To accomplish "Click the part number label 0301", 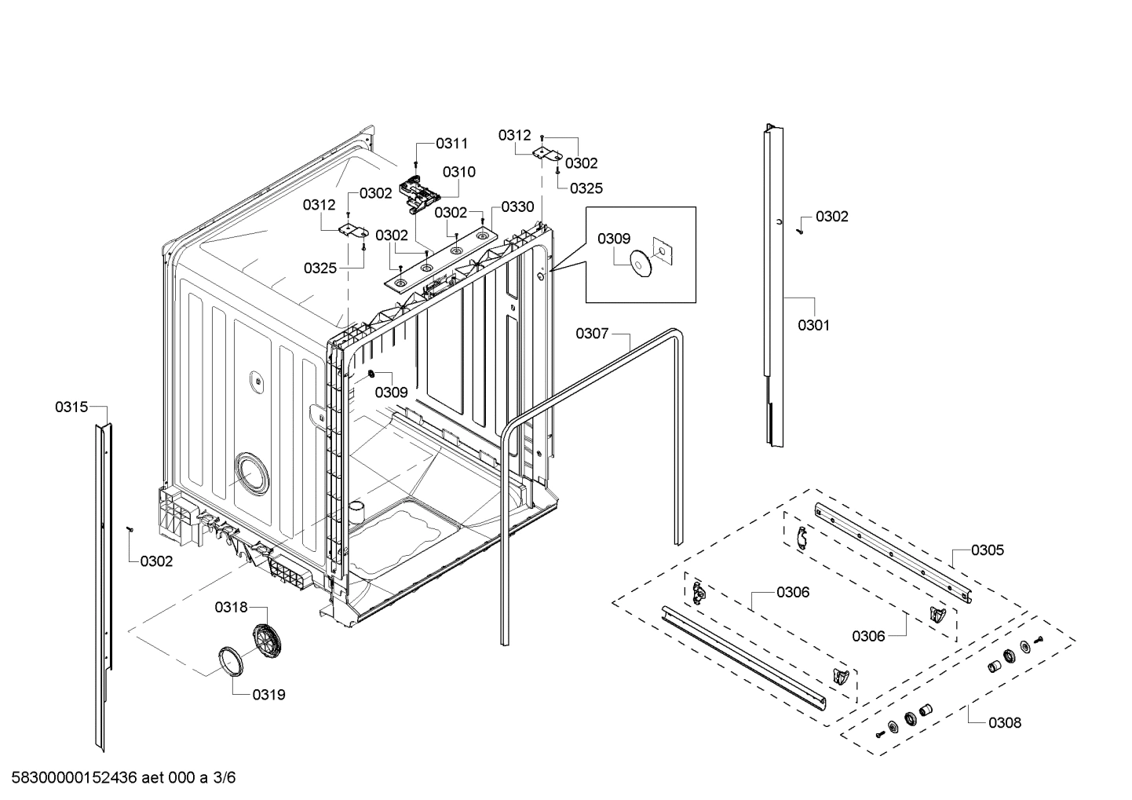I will tap(813, 325).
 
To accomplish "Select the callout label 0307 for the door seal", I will tap(592, 334).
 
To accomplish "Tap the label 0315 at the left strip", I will tap(71, 407).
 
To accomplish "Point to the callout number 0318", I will tap(231, 607).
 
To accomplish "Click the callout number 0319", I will tap(268, 695).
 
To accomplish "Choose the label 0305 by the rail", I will tap(987, 550).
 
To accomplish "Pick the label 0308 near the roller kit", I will tap(1005, 723).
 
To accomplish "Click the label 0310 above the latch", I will tap(458, 172).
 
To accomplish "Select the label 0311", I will tap(451, 143).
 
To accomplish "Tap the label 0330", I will tap(517, 207).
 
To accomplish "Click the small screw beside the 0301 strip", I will tap(799, 230).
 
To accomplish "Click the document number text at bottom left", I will tap(119, 778).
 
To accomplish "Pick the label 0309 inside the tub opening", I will tap(390, 393).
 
